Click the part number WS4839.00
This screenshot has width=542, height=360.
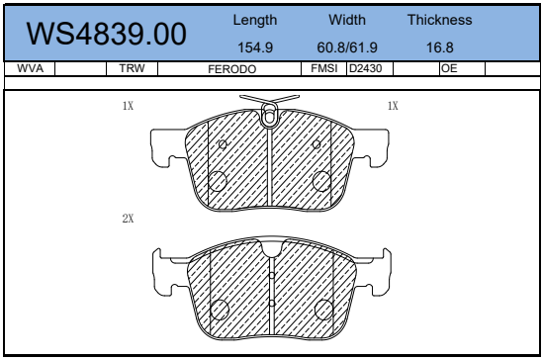(x=107, y=34)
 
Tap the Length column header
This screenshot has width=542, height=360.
(x=255, y=20)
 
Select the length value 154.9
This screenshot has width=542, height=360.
(x=255, y=47)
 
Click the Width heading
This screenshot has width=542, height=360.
(x=347, y=20)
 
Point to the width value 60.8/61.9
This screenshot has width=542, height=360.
(x=347, y=47)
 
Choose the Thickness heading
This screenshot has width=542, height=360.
(x=440, y=20)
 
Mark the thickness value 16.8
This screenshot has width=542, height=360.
(x=440, y=47)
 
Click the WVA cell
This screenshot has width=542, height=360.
(x=30, y=68)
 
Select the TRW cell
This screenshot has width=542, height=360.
(x=132, y=68)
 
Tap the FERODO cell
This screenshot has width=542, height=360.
(x=232, y=69)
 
